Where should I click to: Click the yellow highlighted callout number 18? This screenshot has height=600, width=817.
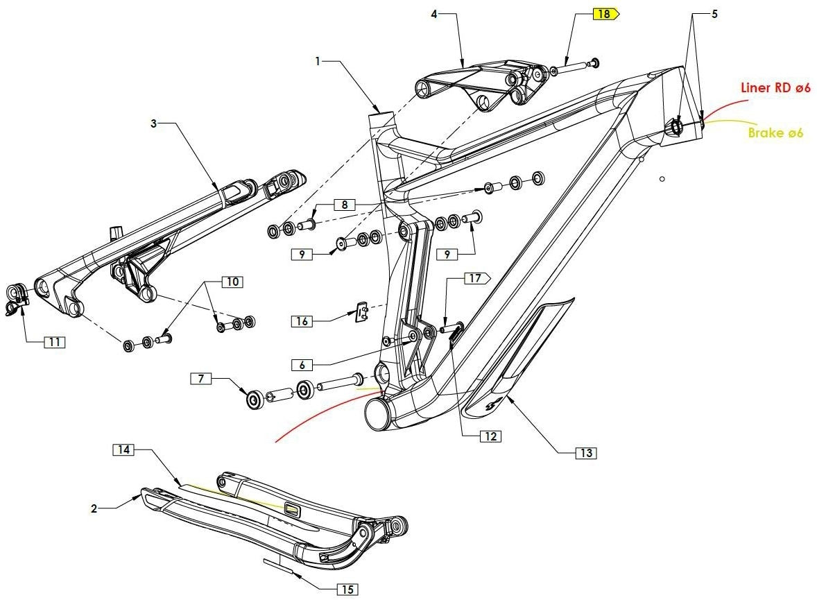point(605,14)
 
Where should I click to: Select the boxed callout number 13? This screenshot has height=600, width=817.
point(586,453)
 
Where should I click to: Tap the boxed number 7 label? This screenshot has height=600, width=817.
point(201,378)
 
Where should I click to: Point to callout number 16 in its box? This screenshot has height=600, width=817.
point(302,321)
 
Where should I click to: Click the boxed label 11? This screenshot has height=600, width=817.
point(54,342)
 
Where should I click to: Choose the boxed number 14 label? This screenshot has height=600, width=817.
point(123,450)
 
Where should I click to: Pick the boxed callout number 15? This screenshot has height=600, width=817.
point(347,590)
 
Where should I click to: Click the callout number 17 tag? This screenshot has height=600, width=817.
point(475,279)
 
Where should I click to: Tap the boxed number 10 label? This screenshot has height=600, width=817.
point(232,282)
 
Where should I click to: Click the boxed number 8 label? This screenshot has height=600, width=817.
point(344,205)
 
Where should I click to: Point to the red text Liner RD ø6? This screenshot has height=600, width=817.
point(775,87)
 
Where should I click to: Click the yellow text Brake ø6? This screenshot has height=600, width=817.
point(775,132)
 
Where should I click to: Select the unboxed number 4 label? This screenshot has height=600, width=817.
point(434,14)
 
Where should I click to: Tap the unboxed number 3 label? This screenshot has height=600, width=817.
point(154,123)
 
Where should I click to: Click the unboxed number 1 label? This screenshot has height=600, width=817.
point(318,61)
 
